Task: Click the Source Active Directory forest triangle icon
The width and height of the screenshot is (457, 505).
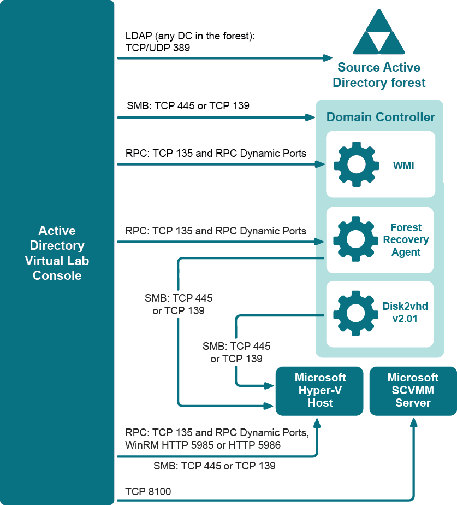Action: pos(378,32)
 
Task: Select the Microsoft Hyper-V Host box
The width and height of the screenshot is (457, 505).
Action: pos(319,390)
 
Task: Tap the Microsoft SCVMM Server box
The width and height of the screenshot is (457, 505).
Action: pos(413,390)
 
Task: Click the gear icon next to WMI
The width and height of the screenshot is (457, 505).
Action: pos(355,164)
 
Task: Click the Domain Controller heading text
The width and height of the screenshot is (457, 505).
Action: pos(380,117)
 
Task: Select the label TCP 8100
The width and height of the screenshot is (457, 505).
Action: pos(148,492)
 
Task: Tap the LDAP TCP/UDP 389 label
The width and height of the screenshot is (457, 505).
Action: pos(190,42)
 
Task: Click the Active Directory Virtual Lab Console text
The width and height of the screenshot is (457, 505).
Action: pos(57,253)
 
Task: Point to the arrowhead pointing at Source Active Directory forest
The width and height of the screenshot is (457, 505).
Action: pos(328,57)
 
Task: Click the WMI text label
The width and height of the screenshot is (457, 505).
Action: pos(403,165)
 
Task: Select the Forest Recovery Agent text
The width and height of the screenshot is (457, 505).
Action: pos(405,240)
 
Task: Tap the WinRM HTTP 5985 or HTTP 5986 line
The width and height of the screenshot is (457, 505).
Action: pos(203,445)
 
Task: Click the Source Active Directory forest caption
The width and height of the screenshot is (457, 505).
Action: pos(378,75)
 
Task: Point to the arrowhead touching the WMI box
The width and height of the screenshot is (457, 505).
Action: pos(322,164)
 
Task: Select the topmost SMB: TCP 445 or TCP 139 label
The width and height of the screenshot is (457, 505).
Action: pos(188,105)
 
